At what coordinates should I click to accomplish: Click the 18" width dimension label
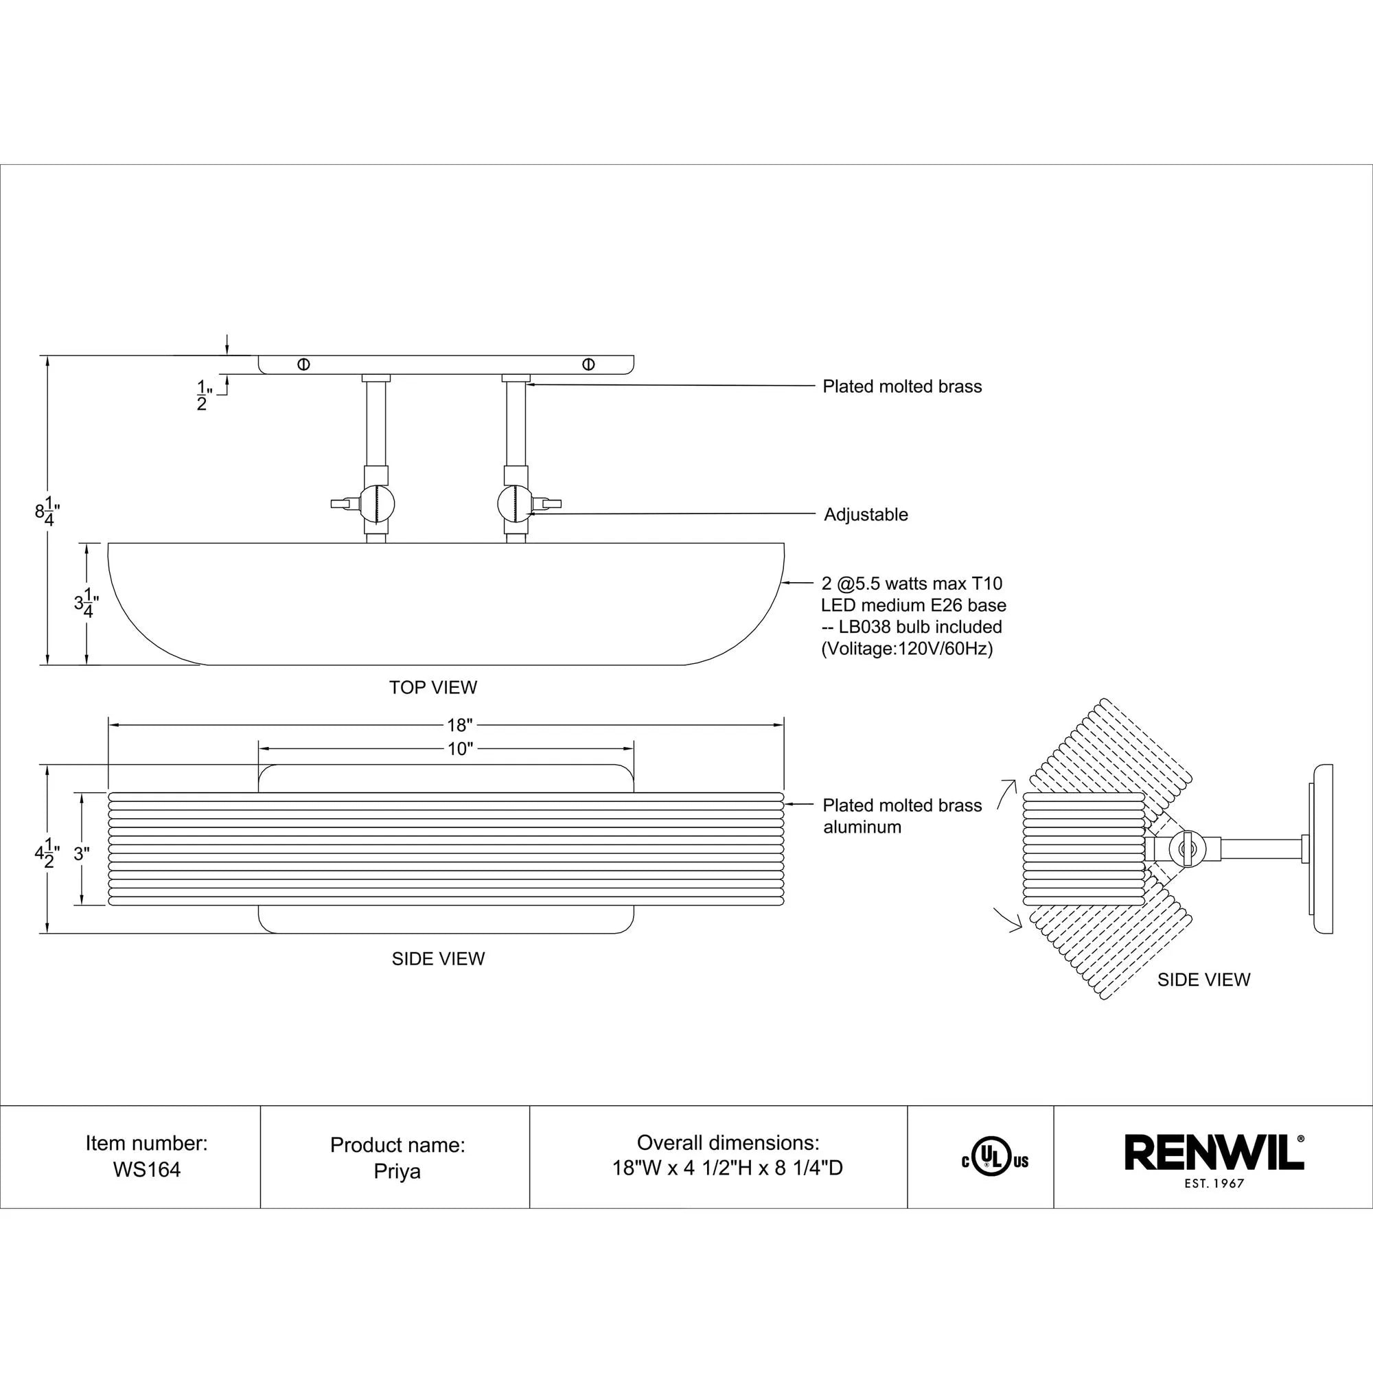pyautogui.click(x=459, y=725)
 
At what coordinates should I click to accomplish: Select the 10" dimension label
pyautogui.click(x=459, y=749)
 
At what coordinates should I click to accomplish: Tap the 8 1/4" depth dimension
pyautogui.click(x=47, y=511)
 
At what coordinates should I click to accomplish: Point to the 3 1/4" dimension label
pyautogui.click(x=86, y=604)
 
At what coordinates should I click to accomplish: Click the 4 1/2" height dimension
pyautogui.click(x=47, y=853)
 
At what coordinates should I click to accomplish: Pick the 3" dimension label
pyautogui.click(x=81, y=854)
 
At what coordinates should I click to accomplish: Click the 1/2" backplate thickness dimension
pyautogui.click(x=203, y=395)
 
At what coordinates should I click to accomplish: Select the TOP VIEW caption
pyautogui.click(x=432, y=687)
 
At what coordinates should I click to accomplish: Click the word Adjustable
pyautogui.click(x=866, y=514)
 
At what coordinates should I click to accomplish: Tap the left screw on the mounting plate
pyautogui.click(x=303, y=365)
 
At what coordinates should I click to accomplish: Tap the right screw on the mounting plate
pyautogui.click(x=588, y=365)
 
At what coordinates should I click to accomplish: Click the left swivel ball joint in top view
pyautogui.click(x=378, y=503)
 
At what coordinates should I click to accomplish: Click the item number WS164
pyautogui.click(x=146, y=1170)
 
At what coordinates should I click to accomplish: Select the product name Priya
pyautogui.click(x=397, y=1171)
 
